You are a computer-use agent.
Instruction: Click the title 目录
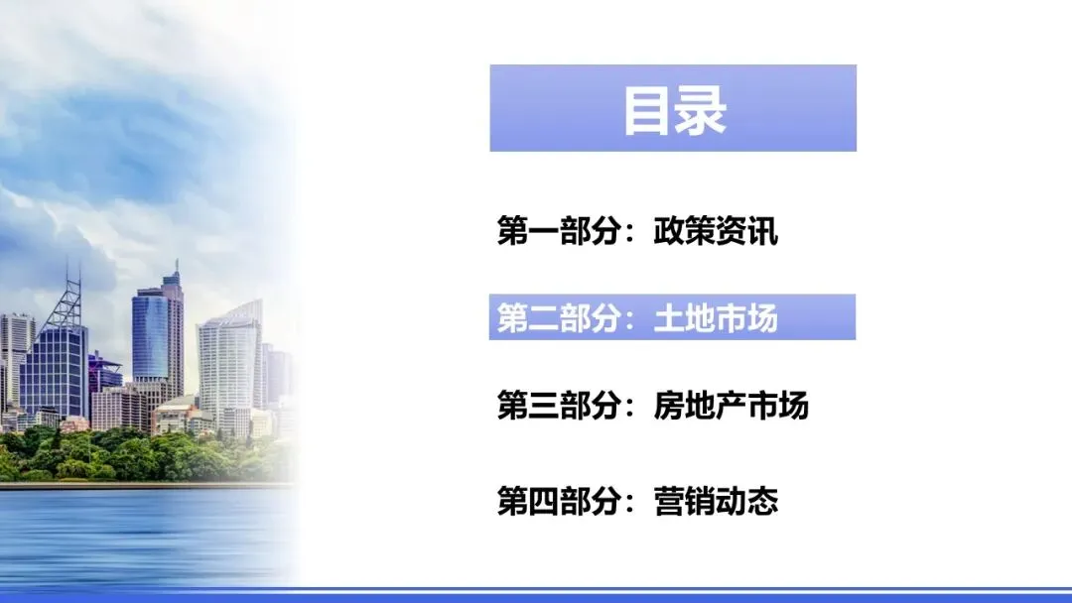point(674,109)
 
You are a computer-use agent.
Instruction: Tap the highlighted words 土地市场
point(716,317)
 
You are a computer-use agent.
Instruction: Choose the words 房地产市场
point(732,407)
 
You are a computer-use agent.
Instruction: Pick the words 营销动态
point(716,500)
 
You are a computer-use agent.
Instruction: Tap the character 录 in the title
point(702,109)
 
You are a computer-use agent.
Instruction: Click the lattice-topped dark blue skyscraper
point(55,367)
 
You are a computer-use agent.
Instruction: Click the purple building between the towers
point(103,372)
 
